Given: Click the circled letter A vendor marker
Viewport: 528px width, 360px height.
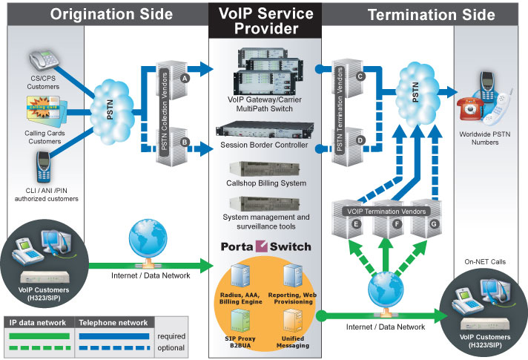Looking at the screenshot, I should (185, 76).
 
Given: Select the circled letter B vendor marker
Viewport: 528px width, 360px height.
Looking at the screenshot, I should (185, 140).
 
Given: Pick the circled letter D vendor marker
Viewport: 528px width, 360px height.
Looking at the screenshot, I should (360, 140).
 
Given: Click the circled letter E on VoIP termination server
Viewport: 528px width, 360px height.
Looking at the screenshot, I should (357, 222).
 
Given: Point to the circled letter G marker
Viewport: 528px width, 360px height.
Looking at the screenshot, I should (434, 222).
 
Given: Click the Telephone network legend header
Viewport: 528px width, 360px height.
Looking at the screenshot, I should (113, 324).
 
